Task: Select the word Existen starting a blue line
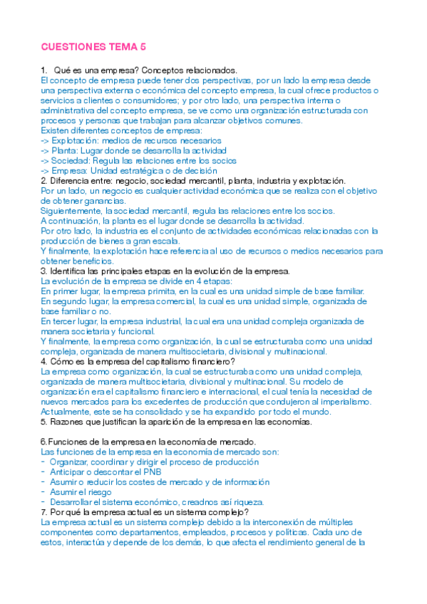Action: click(56, 131)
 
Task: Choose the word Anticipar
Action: click(71, 472)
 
